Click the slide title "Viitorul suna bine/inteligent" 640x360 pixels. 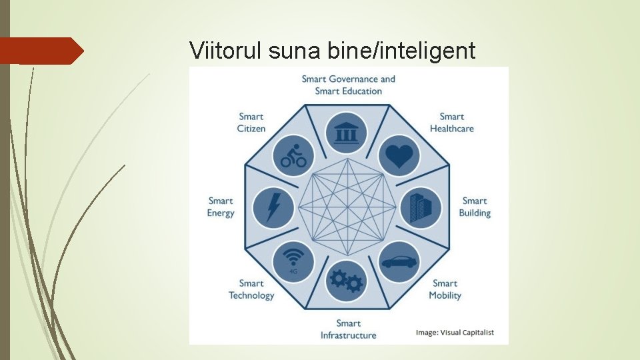coord(332,50)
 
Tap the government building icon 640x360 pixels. coord(347,133)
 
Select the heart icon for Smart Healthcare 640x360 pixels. coord(399,156)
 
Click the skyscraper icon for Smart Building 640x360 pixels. coord(420,207)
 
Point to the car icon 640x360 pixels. coord(399,261)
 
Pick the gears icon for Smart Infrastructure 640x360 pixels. coord(347,281)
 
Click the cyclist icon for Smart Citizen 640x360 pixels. coord(293,156)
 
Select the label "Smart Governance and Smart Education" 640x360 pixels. coord(348,85)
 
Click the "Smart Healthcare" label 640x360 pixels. coord(451,123)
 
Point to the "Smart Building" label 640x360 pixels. coord(475,207)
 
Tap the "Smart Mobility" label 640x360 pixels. coord(445,289)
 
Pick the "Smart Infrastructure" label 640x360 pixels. coord(348,329)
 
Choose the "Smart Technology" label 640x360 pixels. coord(251,289)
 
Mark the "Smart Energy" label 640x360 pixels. coord(221,207)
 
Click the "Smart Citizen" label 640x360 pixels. coord(251,123)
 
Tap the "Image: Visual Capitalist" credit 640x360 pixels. coord(455,332)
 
